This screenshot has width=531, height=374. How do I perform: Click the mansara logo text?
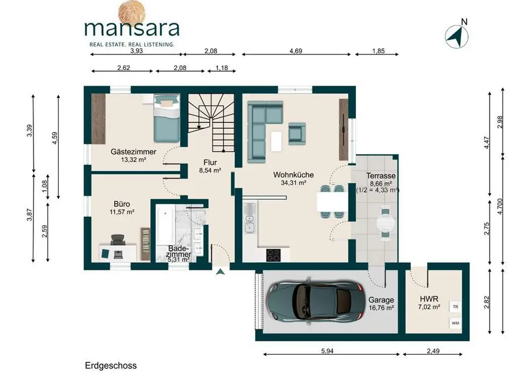click(x=132, y=29)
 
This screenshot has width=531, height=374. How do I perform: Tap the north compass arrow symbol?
click(x=457, y=37)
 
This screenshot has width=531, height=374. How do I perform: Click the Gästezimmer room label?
click(x=133, y=152)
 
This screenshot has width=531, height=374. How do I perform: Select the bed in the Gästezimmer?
click(x=167, y=118)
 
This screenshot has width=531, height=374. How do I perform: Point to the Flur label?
click(x=210, y=162)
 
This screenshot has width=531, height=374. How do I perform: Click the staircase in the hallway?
click(x=211, y=123)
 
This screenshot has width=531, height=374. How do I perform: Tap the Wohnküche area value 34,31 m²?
click(x=294, y=183)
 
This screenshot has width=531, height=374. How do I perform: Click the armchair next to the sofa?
click(x=297, y=133)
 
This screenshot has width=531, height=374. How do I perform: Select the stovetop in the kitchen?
click(x=273, y=255)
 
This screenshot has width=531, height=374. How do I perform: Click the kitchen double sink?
click(x=250, y=218)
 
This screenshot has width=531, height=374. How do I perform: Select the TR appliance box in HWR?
click(x=456, y=307)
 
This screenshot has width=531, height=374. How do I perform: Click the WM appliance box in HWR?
click(x=456, y=323)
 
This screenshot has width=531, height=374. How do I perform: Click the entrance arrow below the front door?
click(x=220, y=271)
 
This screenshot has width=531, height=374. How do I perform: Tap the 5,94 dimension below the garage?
click(x=327, y=351)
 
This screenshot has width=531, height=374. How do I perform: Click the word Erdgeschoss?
click(x=111, y=365)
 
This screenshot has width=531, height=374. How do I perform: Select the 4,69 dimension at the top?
click(x=296, y=51)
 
